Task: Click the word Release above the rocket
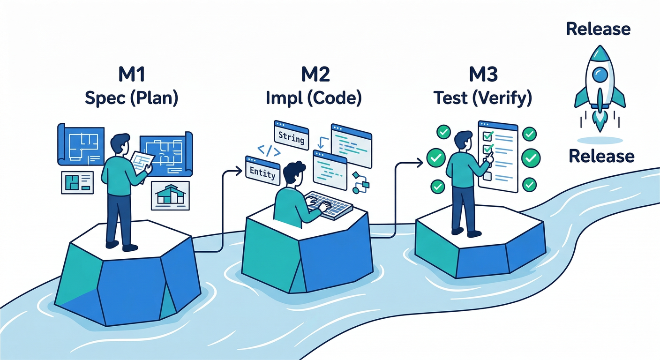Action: (598, 29)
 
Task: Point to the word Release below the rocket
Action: (601, 156)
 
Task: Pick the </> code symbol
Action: (270, 151)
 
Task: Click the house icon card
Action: (170, 195)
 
